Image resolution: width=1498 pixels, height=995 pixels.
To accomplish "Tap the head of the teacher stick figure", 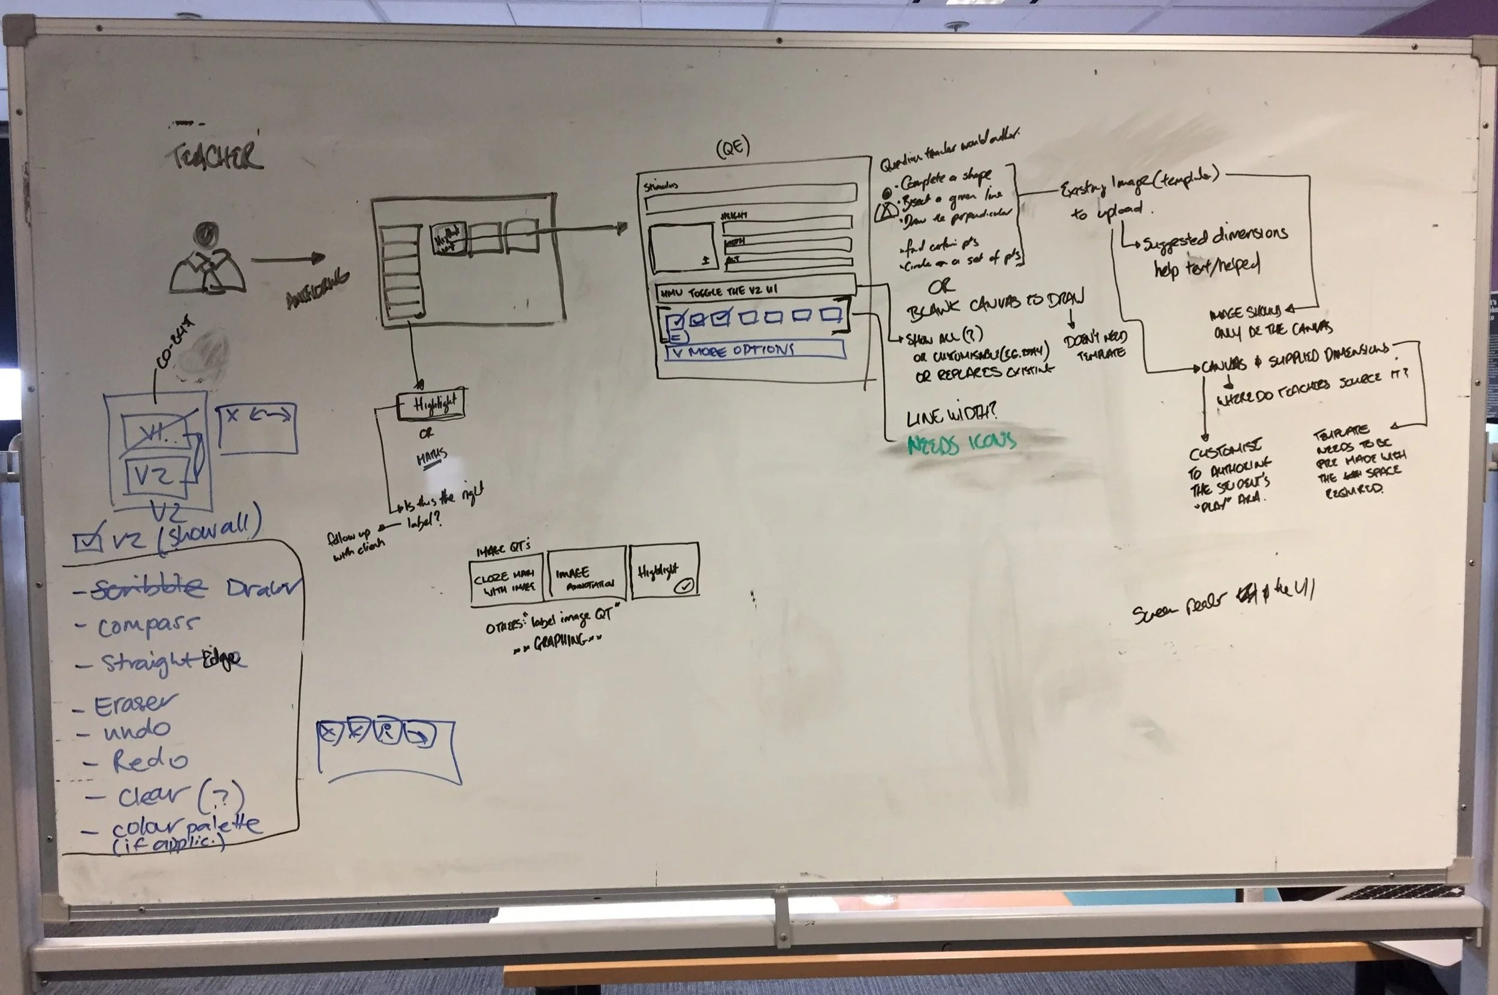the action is [206, 234].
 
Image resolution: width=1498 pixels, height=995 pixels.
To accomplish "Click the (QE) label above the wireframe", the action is [733, 148].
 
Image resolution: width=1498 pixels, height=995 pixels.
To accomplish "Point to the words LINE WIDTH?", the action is [952, 415].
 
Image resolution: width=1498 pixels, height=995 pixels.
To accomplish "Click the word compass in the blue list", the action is [147, 626].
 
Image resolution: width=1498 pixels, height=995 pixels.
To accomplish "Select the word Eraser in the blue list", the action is [135, 704].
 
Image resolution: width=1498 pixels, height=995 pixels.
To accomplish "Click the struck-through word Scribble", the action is [149, 589].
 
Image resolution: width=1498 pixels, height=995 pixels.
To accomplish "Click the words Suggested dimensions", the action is [1215, 239].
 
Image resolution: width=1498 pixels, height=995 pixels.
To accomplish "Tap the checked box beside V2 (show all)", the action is [87, 541].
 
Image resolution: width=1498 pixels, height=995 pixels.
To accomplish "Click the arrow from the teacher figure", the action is [289, 258].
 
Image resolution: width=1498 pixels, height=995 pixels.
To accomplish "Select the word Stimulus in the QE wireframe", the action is [660, 186].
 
